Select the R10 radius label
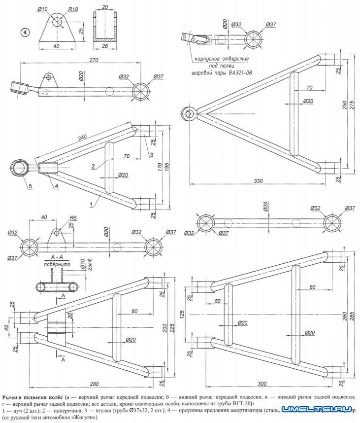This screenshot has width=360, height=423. pyautogui.click(x=73, y=9)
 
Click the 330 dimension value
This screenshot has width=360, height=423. pyautogui.click(x=258, y=181)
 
